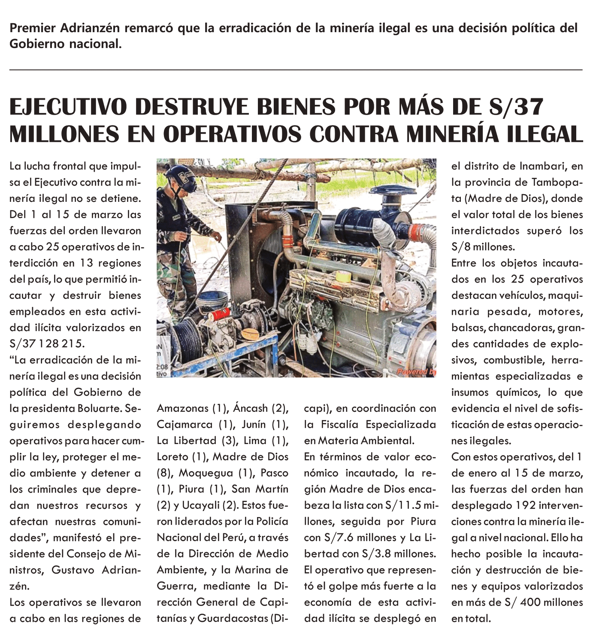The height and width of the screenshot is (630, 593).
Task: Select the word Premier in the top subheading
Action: click(33, 28)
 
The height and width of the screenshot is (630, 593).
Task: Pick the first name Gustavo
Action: click(73, 570)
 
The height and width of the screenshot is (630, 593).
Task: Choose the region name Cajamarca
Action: click(185, 425)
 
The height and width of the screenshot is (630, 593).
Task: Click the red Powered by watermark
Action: click(416, 372)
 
